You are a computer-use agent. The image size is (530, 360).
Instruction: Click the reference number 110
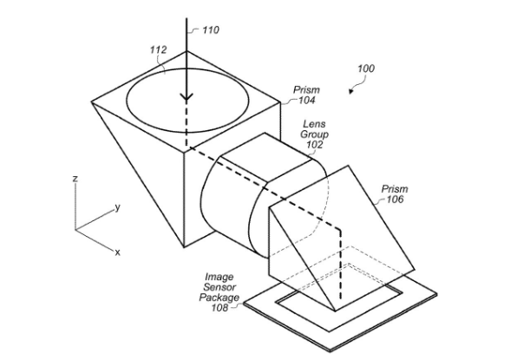[x=211, y=30]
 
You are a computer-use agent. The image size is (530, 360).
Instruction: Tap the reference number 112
[x=158, y=49]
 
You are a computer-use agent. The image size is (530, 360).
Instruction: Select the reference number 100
[x=366, y=69]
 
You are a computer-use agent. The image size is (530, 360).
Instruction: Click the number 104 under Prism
[x=306, y=101]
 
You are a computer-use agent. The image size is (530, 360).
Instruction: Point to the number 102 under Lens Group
[x=314, y=145]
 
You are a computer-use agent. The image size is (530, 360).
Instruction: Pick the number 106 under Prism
[x=395, y=200]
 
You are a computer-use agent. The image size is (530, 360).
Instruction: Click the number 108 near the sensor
[x=219, y=308]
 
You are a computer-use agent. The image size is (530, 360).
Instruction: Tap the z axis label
[x=75, y=178]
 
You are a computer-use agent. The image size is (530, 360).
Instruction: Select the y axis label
[x=117, y=206]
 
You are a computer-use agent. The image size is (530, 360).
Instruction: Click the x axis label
[x=118, y=252]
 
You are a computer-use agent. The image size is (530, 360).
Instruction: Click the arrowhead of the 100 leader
[x=351, y=91]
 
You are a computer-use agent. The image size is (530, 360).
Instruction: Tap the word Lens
[x=314, y=124]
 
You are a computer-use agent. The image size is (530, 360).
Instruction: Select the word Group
[x=314, y=134]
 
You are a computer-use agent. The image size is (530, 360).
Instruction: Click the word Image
[x=219, y=278]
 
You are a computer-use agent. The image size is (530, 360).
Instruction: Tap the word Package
[x=219, y=298]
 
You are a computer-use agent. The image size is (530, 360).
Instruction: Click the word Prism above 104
[x=306, y=90]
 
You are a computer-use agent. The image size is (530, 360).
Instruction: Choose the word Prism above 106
[x=395, y=188]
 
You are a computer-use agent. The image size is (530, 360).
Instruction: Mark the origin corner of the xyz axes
[x=75, y=230]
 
